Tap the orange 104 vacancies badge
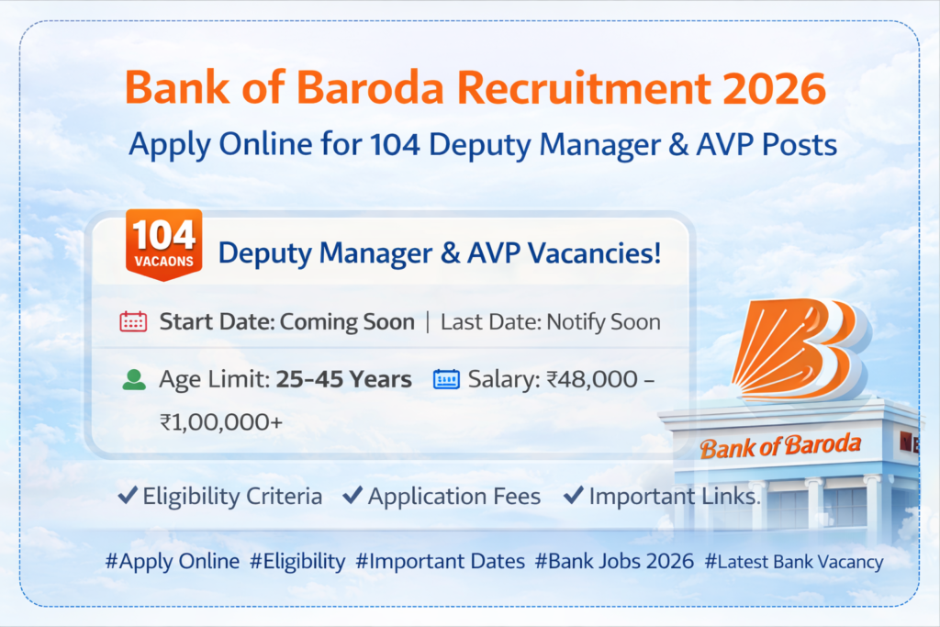[163, 244]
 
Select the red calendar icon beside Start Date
[133, 322]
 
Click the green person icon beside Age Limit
[134, 380]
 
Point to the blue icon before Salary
[446, 379]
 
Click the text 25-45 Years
[343, 379]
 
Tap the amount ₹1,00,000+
[220, 422]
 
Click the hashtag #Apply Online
[173, 561]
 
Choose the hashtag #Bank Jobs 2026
[614, 561]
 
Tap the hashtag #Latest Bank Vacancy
[794, 562]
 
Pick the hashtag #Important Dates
[440, 561]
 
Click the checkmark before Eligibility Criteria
[128, 495]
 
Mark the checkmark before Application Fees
[352, 495]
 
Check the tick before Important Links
[574, 495]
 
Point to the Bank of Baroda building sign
[780, 446]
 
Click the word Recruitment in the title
[584, 88]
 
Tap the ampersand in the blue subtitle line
[678, 144]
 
